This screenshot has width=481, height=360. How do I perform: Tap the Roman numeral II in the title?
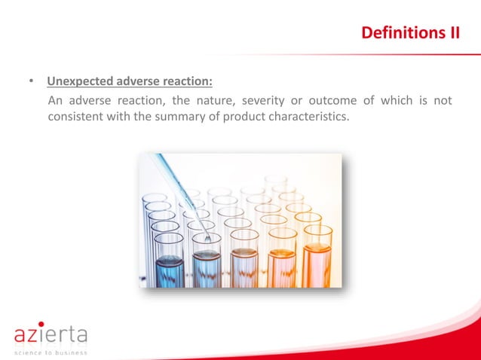452,34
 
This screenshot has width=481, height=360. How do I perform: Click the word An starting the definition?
55,100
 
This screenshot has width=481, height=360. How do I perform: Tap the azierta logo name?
51,334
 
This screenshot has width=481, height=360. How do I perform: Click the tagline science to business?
51,352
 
